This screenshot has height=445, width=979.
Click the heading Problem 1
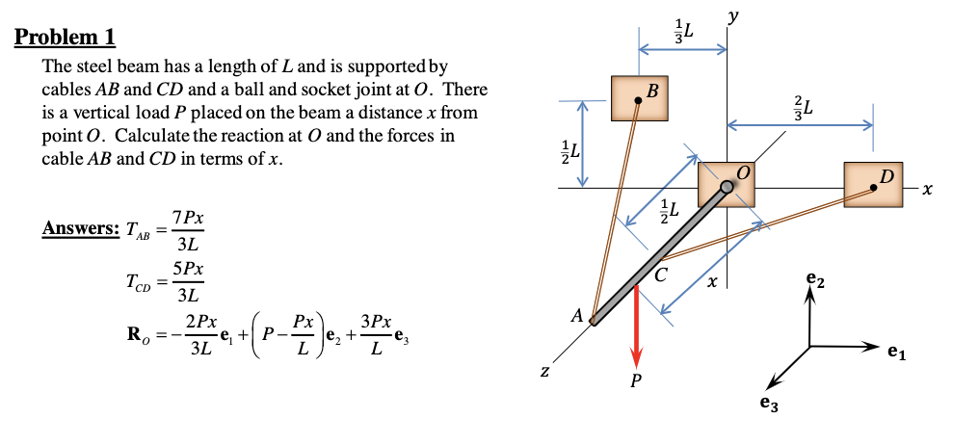pos(66,39)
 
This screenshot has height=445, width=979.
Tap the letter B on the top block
pos(652,92)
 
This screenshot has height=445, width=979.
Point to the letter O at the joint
pos(742,172)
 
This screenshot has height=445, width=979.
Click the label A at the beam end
pos(577,314)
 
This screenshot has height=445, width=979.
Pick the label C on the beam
pos(660,273)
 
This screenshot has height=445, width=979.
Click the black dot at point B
pos(638,98)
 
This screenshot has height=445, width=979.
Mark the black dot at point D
pos(873,189)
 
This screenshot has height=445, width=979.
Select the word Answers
pos(79,229)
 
